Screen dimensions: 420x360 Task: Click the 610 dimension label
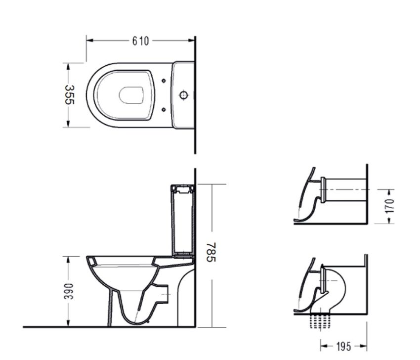pyautogui.click(x=140, y=41)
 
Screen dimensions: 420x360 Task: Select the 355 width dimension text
pyautogui.click(x=69, y=94)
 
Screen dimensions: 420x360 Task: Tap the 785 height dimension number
pyautogui.click(x=211, y=252)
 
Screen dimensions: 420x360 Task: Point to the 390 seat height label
pyautogui.click(x=69, y=291)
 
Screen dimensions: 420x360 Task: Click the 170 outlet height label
pyautogui.click(x=390, y=206)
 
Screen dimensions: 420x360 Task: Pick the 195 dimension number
pyautogui.click(x=343, y=347)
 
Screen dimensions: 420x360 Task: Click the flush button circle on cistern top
pyautogui.click(x=183, y=95)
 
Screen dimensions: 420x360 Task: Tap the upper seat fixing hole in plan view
pyautogui.click(x=164, y=81)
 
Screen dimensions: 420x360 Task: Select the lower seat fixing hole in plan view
pyautogui.click(x=164, y=109)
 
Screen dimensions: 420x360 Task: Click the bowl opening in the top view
pyautogui.click(x=131, y=95)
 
